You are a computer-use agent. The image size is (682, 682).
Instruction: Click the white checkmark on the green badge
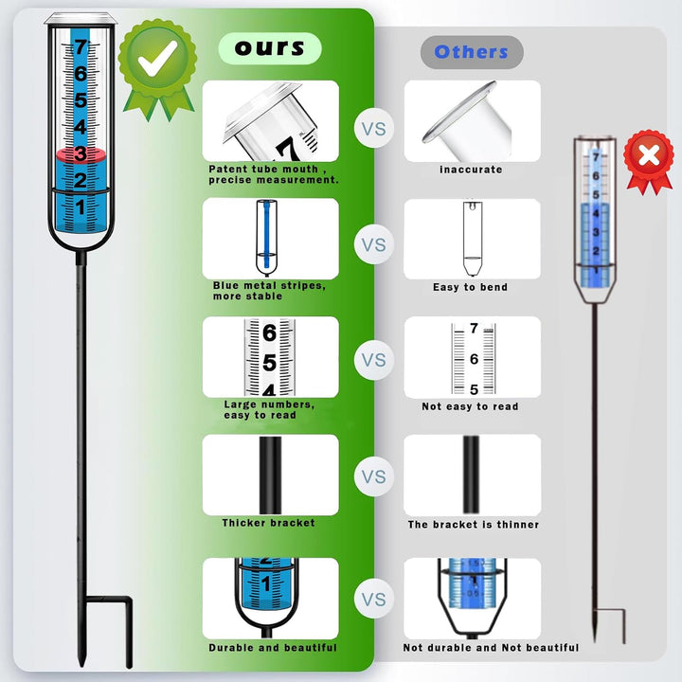(x=157, y=59)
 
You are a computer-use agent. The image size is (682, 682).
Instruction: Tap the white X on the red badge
(x=649, y=154)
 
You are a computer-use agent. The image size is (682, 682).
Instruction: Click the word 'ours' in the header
(x=270, y=48)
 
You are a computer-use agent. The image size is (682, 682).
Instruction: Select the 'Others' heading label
(x=471, y=52)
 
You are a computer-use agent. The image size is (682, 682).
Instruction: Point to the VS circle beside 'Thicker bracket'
(x=373, y=476)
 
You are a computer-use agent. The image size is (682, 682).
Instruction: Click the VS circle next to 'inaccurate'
(x=373, y=129)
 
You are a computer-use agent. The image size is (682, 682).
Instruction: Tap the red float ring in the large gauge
(x=81, y=154)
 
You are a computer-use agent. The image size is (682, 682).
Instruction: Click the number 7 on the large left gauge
(x=81, y=46)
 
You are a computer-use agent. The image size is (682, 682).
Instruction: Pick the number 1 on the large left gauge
(x=81, y=207)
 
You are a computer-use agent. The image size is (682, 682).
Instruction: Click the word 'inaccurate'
(x=471, y=170)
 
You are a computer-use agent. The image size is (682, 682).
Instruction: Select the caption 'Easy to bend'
(x=470, y=287)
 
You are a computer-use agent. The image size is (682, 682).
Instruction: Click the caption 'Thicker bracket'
(x=268, y=523)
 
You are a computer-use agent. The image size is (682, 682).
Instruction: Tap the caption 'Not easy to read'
(x=470, y=406)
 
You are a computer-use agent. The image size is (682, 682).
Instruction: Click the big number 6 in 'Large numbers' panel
(x=270, y=332)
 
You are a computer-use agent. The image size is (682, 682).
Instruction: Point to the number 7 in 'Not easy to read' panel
(x=475, y=328)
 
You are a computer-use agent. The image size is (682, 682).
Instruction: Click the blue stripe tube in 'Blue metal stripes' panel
(x=266, y=238)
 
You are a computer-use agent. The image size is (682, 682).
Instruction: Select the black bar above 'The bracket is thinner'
(x=471, y=475)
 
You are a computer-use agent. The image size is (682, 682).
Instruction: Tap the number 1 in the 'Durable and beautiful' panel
(x=266, y=583)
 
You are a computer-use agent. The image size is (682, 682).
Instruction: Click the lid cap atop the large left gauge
(x=81, y=19)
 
